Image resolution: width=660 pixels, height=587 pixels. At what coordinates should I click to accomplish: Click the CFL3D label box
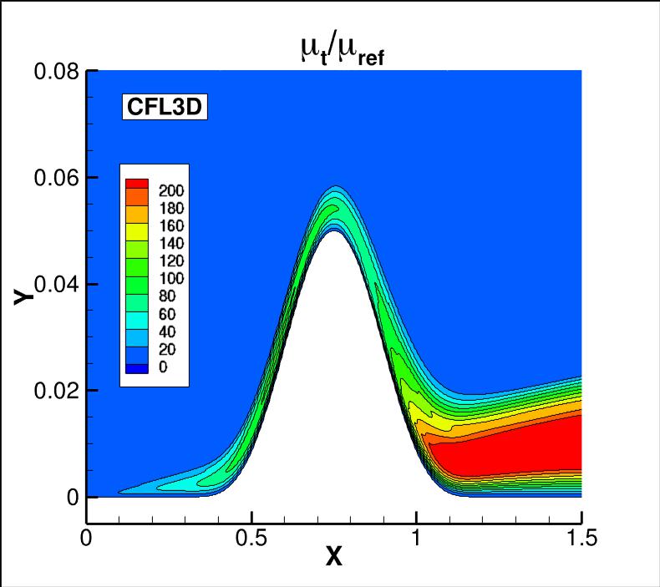tap(165, 107)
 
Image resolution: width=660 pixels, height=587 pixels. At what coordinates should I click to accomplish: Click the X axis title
tap(334, 556)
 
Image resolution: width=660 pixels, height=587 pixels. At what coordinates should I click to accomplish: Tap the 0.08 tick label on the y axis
tap(56, 72)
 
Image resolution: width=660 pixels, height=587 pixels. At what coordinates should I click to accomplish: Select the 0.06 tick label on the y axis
tap(56, 178)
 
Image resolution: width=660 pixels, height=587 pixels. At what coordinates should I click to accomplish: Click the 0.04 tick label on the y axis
tap(56, 284)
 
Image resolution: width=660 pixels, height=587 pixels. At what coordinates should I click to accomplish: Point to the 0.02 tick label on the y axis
tap(56, 390)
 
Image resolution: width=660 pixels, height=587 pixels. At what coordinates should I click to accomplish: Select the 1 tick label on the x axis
tap(416, 538)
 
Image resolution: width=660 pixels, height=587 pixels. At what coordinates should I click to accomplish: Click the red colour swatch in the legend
tap(136, 183)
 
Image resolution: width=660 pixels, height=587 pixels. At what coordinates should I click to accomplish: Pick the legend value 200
tap(170, 190)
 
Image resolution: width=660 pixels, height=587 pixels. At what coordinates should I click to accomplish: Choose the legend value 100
tap(170, 278)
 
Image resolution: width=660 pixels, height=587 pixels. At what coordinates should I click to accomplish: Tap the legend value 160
tap(170, 225)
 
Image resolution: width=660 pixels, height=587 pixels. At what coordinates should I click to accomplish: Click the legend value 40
tap(170, 331)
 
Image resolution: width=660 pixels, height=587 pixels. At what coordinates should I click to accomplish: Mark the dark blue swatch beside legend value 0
tap(136, 367)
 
